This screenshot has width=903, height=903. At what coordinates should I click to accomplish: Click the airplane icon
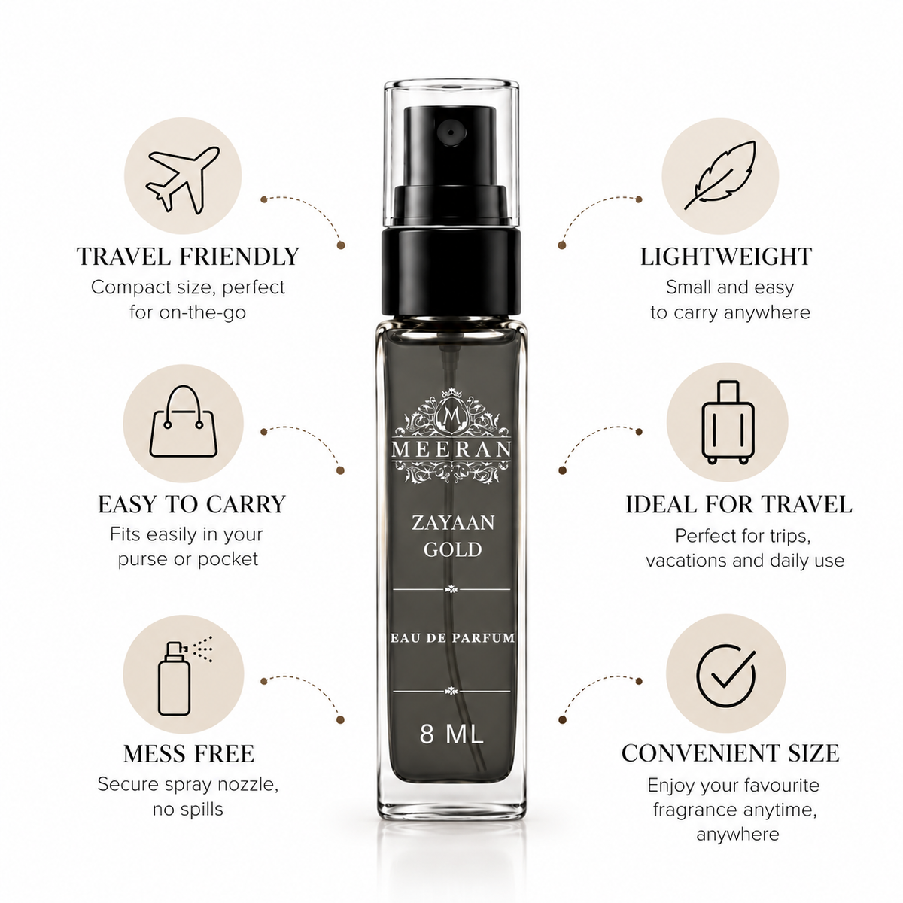click(182, 179)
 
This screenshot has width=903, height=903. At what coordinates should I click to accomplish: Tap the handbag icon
click(183, 421)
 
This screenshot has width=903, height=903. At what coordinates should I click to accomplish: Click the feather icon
click(720, 175)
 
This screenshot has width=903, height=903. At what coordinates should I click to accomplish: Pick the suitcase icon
click(727, 421)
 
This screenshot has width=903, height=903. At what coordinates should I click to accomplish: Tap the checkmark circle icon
click(726, 675)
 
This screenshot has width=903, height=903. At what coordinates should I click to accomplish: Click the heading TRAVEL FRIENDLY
click(188, 257)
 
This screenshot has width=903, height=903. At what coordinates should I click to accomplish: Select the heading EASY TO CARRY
click(192, 504)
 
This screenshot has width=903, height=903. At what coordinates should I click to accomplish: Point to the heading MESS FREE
click(189, 753)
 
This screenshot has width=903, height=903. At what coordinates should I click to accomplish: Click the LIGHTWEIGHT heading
click(726, 257)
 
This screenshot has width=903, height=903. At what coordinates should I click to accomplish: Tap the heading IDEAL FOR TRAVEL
click(739, 504)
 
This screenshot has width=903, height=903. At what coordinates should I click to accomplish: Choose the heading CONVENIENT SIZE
click(731, 753)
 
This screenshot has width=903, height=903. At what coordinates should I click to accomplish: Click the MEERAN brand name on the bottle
click(451, 449)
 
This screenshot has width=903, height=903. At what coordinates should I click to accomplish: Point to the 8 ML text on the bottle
click(451, 734)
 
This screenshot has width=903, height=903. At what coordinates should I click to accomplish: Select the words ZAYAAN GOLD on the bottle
click(453, 536)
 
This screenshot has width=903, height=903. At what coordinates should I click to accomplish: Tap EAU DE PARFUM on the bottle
click(453, 637)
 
